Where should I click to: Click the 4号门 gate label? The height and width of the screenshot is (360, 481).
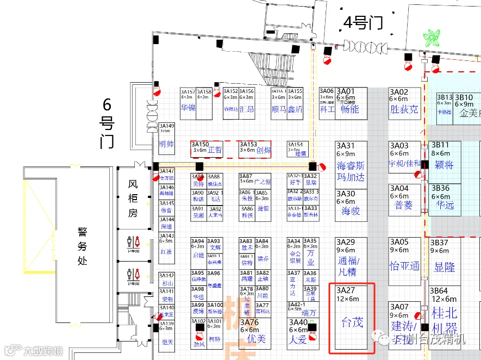pos(363,23)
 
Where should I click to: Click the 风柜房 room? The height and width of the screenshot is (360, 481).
pos(133,198)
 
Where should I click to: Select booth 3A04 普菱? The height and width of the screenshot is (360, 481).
pos(404,199)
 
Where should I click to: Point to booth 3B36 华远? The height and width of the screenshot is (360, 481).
pos(445,199)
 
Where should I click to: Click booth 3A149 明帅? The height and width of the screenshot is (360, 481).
pos(166,138)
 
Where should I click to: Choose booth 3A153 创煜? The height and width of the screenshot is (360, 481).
pos(255,149)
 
